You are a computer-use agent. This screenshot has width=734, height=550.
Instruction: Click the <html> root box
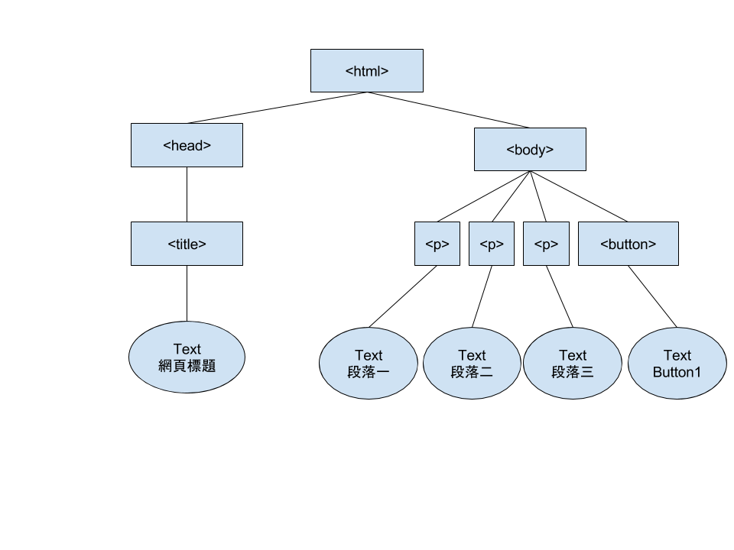click(367, 71)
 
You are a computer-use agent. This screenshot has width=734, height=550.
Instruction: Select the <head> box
click(187, 145)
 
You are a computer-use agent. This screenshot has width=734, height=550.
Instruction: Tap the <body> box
click(530, 150)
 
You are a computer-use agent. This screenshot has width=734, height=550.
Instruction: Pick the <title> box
click(187, 244)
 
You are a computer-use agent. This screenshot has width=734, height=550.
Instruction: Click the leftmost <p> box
click(437, 244)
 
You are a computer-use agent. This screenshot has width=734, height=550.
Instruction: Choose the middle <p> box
click(492, 244)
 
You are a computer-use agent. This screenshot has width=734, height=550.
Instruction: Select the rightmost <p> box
click(546, 244)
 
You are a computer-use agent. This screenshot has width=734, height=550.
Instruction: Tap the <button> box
click(628, 244)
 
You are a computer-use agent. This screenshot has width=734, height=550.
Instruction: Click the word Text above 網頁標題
click(187, 349)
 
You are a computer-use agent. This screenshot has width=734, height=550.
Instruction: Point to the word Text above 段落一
click(369, 355)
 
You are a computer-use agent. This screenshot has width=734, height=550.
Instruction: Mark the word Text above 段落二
click(472, 355)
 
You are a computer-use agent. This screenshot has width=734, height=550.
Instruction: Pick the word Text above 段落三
click(573, 355)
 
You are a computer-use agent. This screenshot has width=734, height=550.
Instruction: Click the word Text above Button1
click(677, 355)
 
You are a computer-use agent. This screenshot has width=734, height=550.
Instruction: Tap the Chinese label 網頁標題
click(187, 366)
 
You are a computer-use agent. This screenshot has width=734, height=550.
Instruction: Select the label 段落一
click(369, 372)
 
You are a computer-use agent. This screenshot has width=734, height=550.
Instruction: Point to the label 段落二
click(472, 372)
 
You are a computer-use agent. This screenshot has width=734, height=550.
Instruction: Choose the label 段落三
click(573, 372)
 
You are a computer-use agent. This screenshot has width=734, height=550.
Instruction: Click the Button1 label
click(677, 372)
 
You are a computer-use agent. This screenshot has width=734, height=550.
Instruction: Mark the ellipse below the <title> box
click(187, 382)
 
